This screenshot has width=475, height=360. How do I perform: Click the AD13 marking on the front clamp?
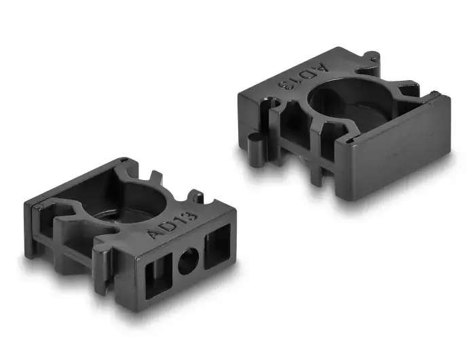(x=172, y=224)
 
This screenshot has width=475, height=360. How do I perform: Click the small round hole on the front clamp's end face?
(x=189, y=261)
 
